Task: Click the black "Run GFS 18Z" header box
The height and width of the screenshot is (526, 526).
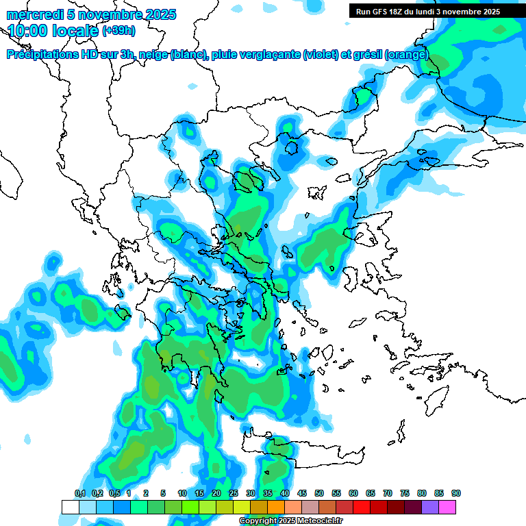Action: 427,12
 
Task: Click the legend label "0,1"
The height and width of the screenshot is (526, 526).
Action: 79,494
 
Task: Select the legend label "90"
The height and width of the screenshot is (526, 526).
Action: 456,494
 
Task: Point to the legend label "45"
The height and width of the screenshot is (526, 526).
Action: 302,494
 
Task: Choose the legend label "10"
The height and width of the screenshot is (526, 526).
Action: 182,494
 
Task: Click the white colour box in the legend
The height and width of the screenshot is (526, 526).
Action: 70,507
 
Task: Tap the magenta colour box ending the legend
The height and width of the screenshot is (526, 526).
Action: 447,507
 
